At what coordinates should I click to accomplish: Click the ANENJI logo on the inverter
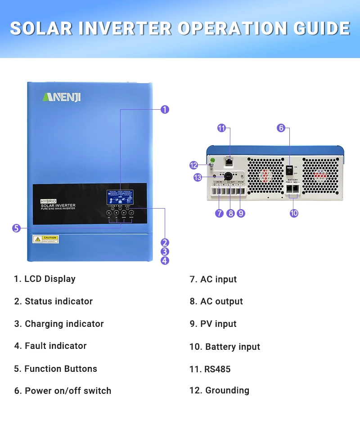[61, 97]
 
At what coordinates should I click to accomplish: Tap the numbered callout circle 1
[165, 109]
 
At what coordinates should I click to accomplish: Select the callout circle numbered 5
[16, 228]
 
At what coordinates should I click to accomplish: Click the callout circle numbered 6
[281, 128]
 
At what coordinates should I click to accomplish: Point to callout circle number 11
[221, 128]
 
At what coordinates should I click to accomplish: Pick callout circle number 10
[294, 213]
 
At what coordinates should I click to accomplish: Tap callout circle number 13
[198, 177]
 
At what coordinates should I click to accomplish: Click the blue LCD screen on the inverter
[120, 197]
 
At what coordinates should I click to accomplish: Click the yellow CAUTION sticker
[45, 239]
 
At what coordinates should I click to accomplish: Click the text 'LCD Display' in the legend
[49, 279]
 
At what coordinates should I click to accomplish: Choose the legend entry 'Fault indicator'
[55, 346]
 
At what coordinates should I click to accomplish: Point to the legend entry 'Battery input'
[232, 347]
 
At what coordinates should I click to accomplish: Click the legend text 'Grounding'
[227, 390]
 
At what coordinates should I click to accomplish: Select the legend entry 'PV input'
[218, 324]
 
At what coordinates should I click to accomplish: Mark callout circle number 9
[241, 213]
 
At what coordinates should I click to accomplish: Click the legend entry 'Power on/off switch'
[67, 391]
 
